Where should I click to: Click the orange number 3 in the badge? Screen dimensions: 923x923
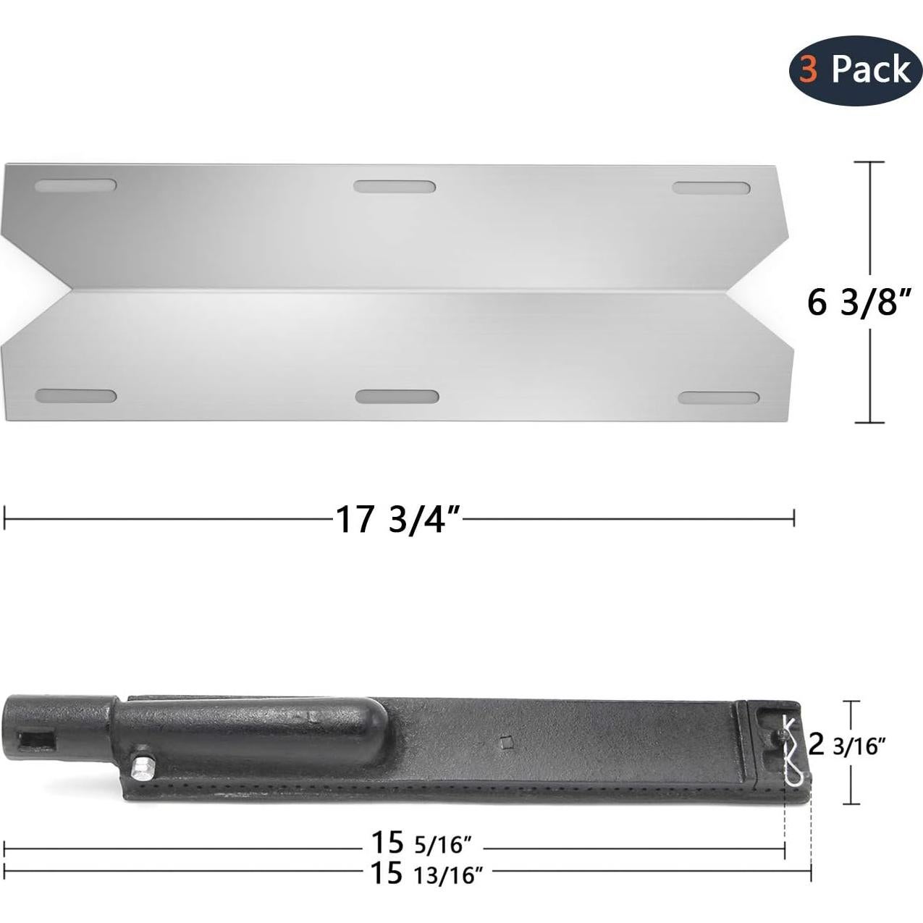809,69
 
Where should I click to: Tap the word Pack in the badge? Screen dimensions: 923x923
871,69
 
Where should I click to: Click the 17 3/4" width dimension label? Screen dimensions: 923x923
397,518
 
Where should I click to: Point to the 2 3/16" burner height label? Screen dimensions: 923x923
847,744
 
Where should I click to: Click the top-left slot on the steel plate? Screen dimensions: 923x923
75,186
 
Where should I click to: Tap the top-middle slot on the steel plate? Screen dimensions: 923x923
395,187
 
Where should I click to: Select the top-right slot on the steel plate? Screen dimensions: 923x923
711,188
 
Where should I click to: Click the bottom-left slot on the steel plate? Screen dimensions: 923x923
76,397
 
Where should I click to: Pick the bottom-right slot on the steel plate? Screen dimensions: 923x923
719,398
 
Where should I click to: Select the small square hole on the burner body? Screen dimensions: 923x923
507,741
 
